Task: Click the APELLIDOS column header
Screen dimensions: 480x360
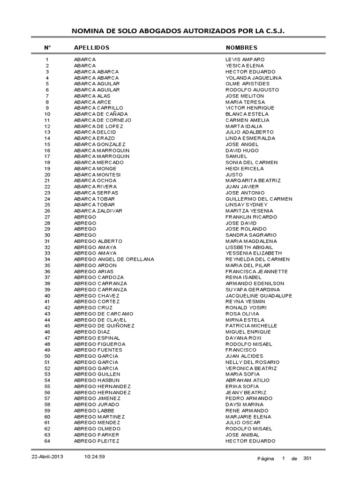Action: [91, 48]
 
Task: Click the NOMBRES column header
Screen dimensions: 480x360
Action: [241, 48]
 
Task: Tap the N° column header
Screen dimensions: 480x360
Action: [47, 48]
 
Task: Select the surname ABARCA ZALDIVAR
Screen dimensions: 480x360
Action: [98, 211]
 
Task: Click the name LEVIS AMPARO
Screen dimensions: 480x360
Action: [245, 60]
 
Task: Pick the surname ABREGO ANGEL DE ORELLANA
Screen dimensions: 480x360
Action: [114, 259]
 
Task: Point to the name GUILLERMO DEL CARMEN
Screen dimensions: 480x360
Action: [259, 199]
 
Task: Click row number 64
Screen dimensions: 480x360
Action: [47, 441]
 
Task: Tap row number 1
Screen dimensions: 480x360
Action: [47, 60]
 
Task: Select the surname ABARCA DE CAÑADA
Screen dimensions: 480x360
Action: [101, 114]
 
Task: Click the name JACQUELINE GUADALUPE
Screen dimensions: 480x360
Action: [259, 296]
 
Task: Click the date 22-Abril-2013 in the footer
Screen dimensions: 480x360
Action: [44, 457]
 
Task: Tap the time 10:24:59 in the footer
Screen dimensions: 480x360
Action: [95, 457]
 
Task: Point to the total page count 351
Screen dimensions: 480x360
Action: [307, 458]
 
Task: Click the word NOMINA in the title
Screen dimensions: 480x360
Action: [86, 31]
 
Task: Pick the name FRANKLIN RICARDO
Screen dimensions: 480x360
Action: [251, 217]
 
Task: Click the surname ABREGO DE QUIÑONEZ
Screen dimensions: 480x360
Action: [104, 326]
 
